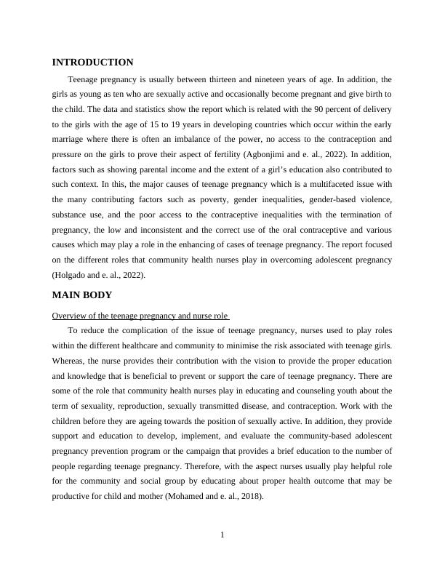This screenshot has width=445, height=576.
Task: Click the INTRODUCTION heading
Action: [92, 63]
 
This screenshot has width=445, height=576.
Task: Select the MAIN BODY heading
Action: [81, 295]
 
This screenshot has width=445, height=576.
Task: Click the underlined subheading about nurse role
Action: [141, 316]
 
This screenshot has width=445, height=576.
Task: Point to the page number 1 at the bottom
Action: [222, 536]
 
